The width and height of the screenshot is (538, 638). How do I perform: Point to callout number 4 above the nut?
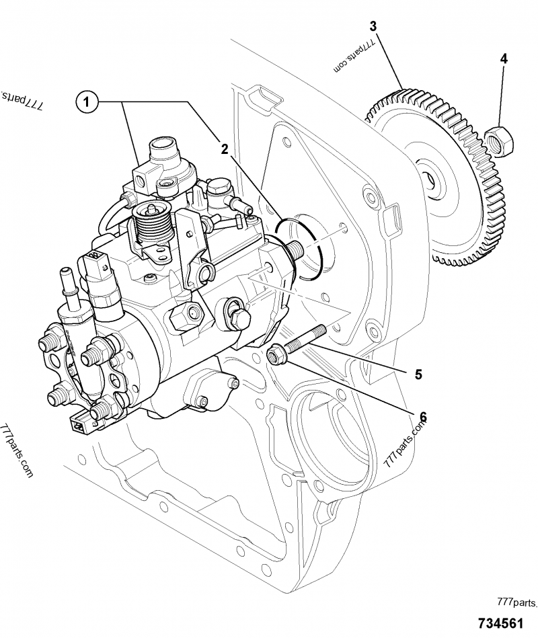503,58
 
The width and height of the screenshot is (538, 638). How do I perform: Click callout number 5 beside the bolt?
418,374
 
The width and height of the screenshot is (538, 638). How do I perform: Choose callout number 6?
424,417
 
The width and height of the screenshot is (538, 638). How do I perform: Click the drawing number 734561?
503,623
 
